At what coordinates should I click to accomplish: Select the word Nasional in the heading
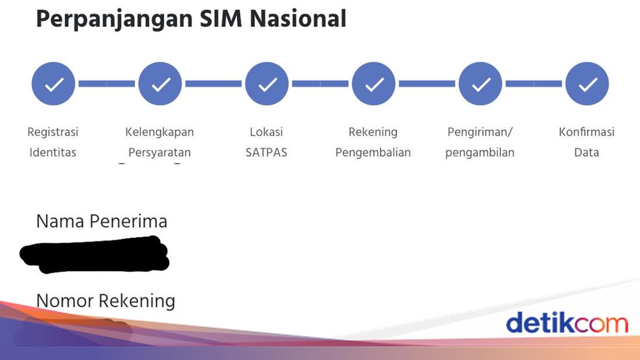click(299, 19)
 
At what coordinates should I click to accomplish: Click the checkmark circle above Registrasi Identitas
click(53, 84)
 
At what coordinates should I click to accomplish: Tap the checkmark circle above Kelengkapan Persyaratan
click(159, 84)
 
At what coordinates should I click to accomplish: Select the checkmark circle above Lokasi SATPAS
click(267, 84)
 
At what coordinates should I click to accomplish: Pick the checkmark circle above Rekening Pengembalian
click(373, 84)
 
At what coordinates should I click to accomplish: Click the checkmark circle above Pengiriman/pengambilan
click(480, 84)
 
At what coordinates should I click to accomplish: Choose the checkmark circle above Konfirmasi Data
click(587, 84)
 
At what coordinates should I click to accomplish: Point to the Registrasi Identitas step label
click(53, 142)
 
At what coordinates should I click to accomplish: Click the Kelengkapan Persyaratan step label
click(159, 142)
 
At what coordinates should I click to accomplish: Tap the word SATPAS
click(267, 153)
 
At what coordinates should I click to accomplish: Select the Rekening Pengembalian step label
click(373, 142)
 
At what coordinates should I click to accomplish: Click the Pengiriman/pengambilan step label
click(480, 142)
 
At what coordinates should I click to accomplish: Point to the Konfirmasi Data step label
click(587, 142)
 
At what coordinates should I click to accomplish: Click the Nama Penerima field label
click(101, 221)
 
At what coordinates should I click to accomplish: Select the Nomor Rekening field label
click(106, 301)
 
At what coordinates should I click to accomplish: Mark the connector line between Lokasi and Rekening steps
click(320, 84)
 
